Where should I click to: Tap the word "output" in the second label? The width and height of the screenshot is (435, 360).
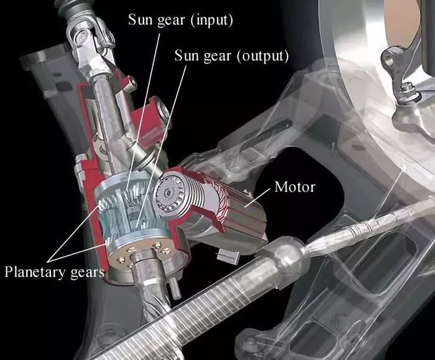click(262, 57)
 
